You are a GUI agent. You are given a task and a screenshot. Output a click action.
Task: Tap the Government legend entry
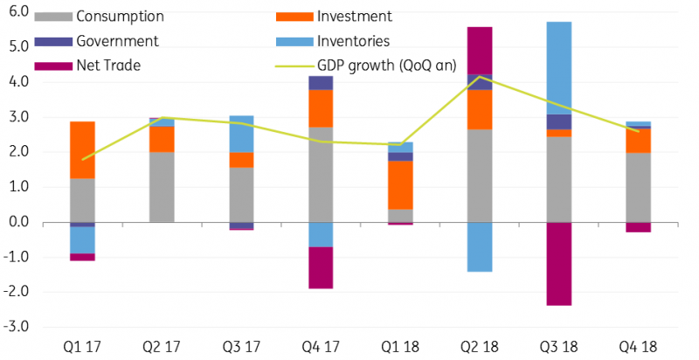117,41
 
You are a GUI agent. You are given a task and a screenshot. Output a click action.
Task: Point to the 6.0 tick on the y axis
18,11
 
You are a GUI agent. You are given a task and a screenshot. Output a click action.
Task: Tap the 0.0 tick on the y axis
18,222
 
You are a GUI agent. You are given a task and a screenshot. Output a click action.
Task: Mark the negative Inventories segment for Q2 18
479,246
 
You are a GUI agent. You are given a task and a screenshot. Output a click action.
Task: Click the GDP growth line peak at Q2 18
479,76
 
